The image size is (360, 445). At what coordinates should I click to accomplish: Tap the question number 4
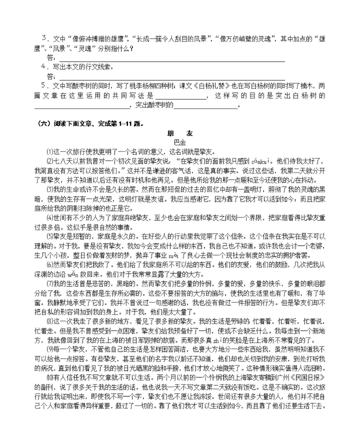43,66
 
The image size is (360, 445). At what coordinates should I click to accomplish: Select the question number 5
43,85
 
